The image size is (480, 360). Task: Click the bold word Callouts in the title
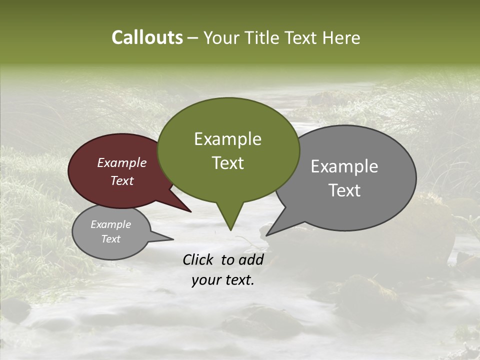[147, 37]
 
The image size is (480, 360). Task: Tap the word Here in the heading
[341, 37]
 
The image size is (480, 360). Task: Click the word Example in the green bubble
[227, 139]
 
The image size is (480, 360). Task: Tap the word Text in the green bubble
[227, 163]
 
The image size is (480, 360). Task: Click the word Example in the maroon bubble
[121, 162]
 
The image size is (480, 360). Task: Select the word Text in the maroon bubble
[121, 181]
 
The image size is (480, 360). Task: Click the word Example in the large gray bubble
[344, 166]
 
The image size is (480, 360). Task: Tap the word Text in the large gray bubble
[344, 190]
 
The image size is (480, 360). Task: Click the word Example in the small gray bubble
[110, 224]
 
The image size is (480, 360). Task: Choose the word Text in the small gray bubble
[110, 239]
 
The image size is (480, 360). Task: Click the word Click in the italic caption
[199, 259]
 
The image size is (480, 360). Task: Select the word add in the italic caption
[250, 259]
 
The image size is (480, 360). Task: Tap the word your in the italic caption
[205, 280]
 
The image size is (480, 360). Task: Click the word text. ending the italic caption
[238, 280]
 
